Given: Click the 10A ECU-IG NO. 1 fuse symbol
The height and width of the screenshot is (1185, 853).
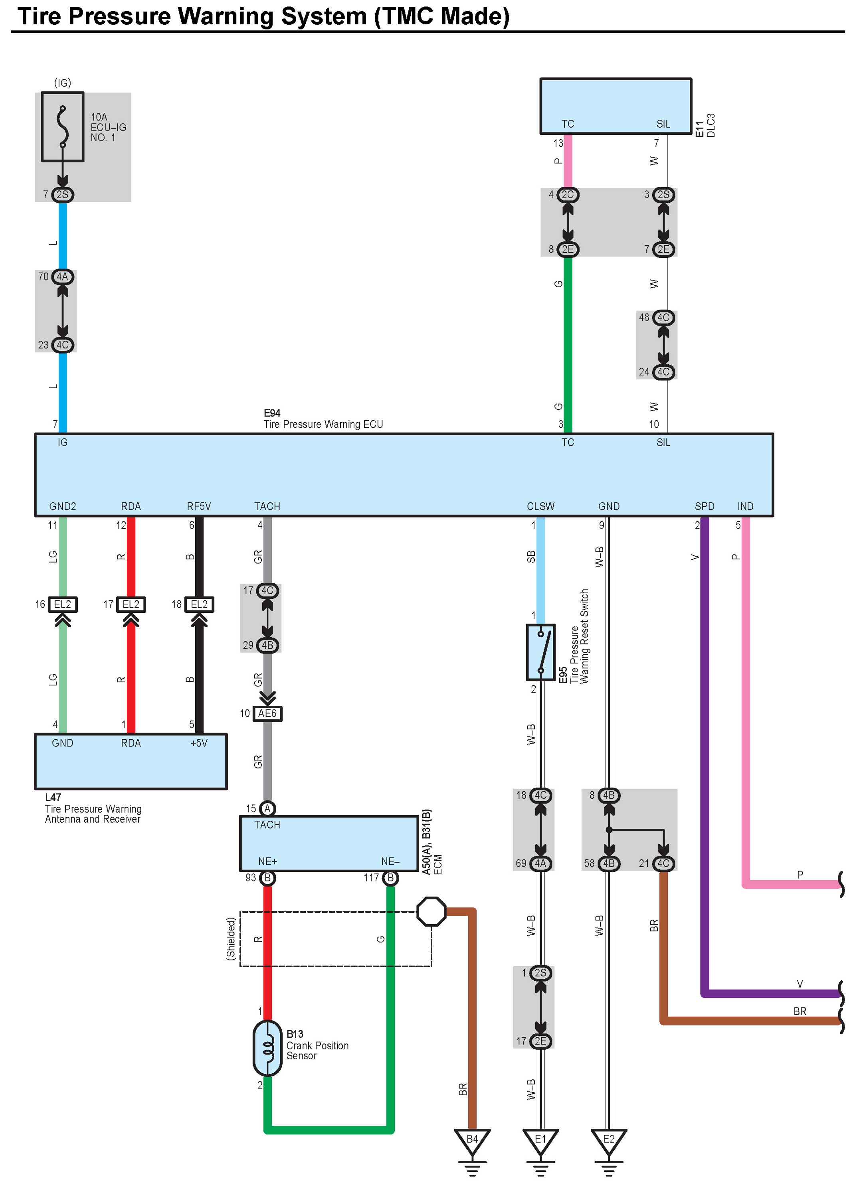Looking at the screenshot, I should (x=62, y=127).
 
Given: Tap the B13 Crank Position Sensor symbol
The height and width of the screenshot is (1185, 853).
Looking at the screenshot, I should (x=267, y=1048).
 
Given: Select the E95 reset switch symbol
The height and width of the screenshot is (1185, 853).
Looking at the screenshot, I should (x=540, y=652).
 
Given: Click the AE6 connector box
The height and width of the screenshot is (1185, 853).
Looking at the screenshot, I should (x=267, y=714).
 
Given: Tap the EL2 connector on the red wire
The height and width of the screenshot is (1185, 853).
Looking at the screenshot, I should (x=131, y=604).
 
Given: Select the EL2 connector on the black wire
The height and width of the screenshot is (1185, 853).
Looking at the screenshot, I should (x=199, y=604).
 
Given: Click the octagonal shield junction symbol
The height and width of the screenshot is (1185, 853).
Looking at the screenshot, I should (x=431, y=912).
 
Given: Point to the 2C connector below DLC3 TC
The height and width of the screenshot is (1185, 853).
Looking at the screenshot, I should (x=568, y=195).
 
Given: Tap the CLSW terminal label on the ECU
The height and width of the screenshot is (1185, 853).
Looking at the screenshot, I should (x=540, y=506).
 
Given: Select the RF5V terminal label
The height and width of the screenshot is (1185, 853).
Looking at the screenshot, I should (x=199, y=506).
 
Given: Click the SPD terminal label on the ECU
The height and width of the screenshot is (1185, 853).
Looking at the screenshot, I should (x=704, y=506).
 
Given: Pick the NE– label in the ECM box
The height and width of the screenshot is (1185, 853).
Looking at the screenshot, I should (x=390, y=861).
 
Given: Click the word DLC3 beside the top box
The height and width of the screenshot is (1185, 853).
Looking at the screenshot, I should (x=711, y=125).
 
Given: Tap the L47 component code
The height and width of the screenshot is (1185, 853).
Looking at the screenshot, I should (x=53, y=797).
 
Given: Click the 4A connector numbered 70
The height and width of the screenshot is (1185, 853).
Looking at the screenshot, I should (x=62, y=277).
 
